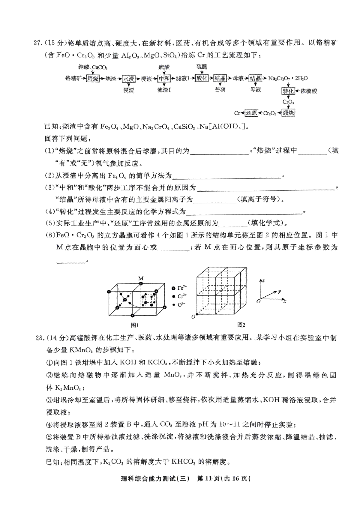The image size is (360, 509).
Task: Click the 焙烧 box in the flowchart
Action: coord(93,79)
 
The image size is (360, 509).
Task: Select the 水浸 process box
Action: coord(128,79)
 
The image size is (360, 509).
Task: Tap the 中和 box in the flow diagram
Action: coord(164,79)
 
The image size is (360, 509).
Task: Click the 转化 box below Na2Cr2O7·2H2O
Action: coord(288,91)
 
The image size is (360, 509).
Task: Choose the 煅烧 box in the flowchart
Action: coord(288,113)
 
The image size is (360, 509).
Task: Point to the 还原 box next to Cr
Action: coord(251,113)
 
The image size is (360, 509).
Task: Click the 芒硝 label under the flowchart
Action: coord(220,89)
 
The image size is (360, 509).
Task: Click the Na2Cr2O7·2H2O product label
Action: coord(288,79)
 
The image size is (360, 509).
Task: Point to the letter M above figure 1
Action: coord(141,278)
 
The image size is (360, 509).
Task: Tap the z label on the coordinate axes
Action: coord(263,280)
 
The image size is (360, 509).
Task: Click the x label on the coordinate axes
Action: coord(285,301)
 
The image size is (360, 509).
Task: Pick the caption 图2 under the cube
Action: coord(241,325)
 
